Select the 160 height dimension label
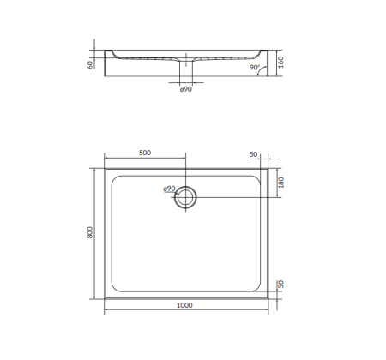[280, 63]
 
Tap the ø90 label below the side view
[185, 89]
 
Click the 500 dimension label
[144, 153]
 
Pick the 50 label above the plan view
[253, 154]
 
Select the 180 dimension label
[280, 183]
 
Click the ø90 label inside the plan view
[168, 189]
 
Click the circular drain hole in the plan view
[185, 198]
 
